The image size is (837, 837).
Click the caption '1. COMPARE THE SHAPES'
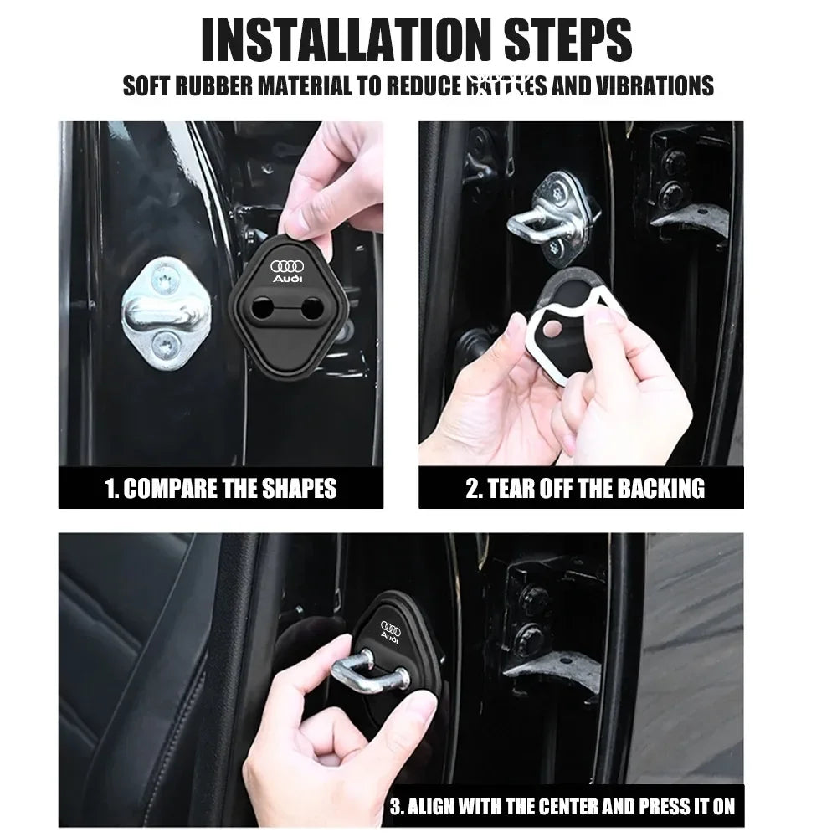[x=221, y=488]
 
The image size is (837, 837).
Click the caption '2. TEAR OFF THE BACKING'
[x=585, y=488]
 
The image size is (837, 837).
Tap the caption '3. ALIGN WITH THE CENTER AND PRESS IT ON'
[x=562, y=807]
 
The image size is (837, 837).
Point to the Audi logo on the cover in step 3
[x=391, y=631]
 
